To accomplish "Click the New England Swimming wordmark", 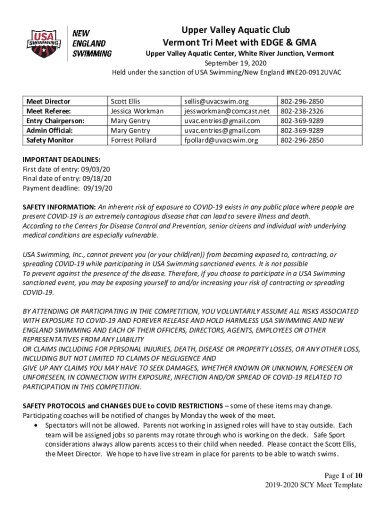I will pyautogui.click(x=92, y=42).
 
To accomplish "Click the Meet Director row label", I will pyautogui.click(x=48, y=101).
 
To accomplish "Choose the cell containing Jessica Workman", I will pyautogui.click(x=137, y=111).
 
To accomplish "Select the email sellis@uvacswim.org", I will pyautogui.click(x=216, y=101).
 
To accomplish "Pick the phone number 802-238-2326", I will pyautogui.click(x=302, y=111).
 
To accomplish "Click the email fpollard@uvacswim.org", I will pyautogui.click(x=221, y=140).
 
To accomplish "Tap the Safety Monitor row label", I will pyautogui.click(x=49, y=140).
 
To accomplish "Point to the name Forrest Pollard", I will pyautogui.click(x=133, y=140).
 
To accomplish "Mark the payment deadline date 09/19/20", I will pyautogui.click(x=98, y=188).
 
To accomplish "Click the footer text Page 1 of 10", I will pyautogui.click(x=338, y=475).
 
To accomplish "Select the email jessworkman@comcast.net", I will pyautogui.click(x=226, y=111).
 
